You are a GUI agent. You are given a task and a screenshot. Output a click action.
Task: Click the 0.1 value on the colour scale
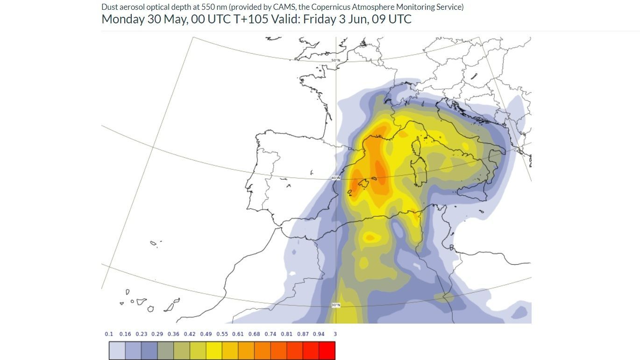(109, 334)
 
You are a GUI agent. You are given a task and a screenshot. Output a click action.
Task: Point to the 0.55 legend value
(222, 334)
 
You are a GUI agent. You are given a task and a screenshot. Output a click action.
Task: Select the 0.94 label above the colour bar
(319, 334)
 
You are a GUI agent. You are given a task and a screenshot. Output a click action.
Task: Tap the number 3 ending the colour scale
(335, 334)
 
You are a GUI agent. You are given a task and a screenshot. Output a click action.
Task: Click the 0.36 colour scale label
(173, 334)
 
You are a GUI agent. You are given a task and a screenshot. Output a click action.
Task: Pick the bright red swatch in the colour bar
(327, 351)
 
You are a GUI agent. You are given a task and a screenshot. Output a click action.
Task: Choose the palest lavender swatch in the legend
(117, 351)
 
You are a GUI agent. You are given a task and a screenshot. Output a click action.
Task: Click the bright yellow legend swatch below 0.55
(214, 351)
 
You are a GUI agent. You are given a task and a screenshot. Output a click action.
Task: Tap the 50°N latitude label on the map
(336, 61)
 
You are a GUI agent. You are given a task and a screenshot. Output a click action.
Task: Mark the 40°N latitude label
(336, 178)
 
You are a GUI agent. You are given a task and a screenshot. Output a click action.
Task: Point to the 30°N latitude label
(336, 305)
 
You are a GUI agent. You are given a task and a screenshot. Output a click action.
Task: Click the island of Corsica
(416, 147)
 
